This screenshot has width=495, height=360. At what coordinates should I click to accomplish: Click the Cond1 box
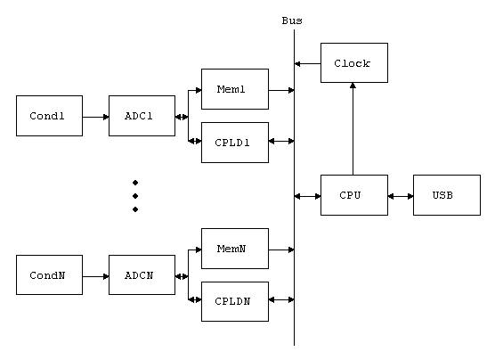(x=49, y=116)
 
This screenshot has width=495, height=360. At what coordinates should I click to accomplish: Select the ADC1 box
(x=142, y=116)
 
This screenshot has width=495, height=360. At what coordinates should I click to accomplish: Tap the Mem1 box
(x=235, y=89)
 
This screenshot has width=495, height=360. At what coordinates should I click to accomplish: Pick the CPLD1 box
(x=235, y=143)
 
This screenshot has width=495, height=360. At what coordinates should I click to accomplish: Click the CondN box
(x=49, y=275)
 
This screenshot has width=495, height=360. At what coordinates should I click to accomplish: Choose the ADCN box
(x=142, y=275)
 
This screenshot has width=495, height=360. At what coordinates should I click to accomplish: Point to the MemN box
(x=235, y=249)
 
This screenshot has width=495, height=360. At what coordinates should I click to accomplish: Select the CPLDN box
(x=235, y=301)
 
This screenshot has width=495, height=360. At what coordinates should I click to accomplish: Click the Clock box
(x=354, y=63)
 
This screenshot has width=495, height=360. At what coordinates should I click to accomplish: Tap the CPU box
(x=354, y=195)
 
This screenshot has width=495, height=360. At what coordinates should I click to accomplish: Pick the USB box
(x=447, y=195)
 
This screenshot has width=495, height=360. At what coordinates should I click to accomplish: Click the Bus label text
(x=292, y=20)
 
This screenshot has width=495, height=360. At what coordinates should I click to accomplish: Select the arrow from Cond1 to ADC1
(x=95, y=117)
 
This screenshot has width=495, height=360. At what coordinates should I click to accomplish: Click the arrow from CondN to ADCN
(x=95, y=276)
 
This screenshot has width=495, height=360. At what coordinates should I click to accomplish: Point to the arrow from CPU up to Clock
(x=353, y=128)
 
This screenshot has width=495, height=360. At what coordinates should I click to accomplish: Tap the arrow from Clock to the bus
(x=308, y=64)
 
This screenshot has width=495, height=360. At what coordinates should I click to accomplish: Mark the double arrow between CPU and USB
(x=401, y=196)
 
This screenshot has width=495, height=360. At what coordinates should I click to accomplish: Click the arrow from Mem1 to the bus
(x=281, y=90)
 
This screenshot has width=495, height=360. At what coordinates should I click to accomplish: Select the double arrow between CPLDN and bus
(x=281, y=299)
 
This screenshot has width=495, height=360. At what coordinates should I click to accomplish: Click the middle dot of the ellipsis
(x=135, y=196)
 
